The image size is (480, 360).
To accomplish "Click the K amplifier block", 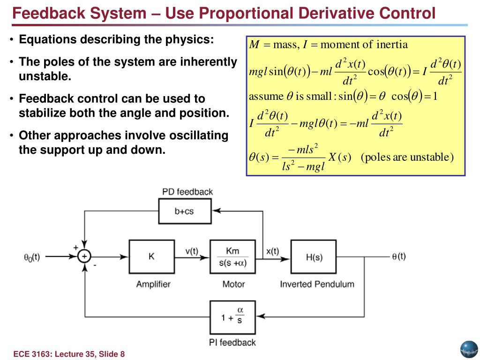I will [151, 256].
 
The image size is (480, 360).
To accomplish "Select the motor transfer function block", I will [232, 256].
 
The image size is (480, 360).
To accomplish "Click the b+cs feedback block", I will [184, 211].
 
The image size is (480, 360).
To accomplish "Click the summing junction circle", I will [84, 256].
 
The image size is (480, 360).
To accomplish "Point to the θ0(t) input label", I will [32, 257].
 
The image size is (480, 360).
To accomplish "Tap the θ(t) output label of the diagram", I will [398, 256].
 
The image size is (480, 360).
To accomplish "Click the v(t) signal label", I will [192, 251].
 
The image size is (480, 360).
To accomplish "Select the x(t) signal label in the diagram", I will [272, 251].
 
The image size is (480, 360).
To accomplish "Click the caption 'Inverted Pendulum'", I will [317, 284].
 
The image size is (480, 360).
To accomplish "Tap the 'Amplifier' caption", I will [153, 284].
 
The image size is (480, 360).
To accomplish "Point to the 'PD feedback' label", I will [187, 192].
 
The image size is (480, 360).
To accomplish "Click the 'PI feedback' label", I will [232, 342].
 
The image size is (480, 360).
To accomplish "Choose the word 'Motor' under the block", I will [233, 284].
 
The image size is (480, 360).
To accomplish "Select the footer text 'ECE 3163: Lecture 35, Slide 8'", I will [69, 354].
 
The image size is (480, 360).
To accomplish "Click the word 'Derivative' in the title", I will [337, 13].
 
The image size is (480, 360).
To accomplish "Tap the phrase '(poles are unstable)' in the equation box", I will [407, 157].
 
